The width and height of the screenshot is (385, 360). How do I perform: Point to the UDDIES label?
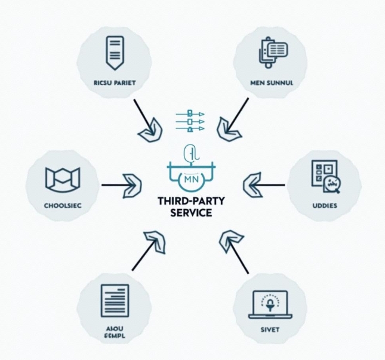(324, 205)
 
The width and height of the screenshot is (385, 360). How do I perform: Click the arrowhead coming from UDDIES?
(254, 185)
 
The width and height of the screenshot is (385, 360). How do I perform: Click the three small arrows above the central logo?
(190, 121)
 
